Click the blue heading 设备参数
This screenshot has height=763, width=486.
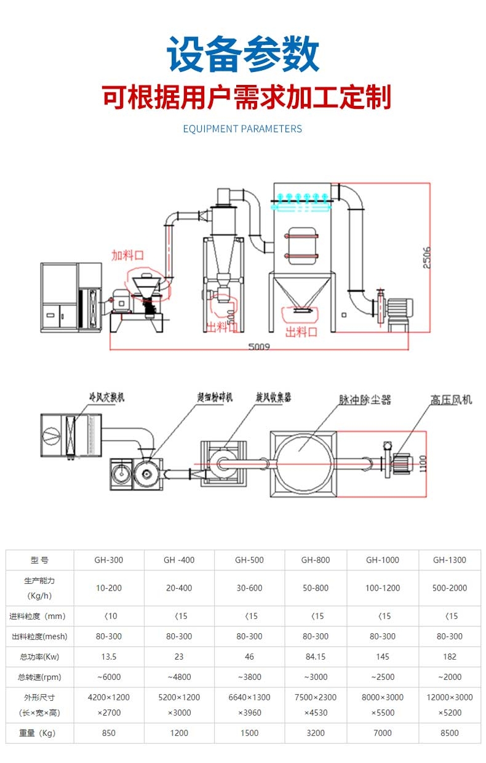tap(243, 55)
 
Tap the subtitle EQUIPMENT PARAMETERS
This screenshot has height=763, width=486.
tap(242, 129)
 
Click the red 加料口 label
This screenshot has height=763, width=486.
tap(127, 255)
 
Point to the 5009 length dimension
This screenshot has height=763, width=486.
tap(259, 346)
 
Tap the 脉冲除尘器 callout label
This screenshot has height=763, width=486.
tap(365, 400)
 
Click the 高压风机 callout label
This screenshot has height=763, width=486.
tap(451, 400)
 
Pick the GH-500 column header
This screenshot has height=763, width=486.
tap(249, 560)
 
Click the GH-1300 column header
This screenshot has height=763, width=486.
tap(449, 560)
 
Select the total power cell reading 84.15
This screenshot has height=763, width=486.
tap(316, 657)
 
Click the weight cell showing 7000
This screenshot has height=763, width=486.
tap(382, 733)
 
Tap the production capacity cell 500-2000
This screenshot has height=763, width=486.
tap(449, 588)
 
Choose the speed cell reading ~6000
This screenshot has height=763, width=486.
tap(109, 677)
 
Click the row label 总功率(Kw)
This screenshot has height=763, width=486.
tap(39, 657)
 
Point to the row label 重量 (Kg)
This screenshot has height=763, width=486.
tap(39, 733)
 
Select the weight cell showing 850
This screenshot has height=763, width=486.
tap(109, 733)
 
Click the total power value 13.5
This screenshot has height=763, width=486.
tap(109, 657)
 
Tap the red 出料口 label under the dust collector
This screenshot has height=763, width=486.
tap(301, 332)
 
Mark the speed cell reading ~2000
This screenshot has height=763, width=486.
tap(449, 677)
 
